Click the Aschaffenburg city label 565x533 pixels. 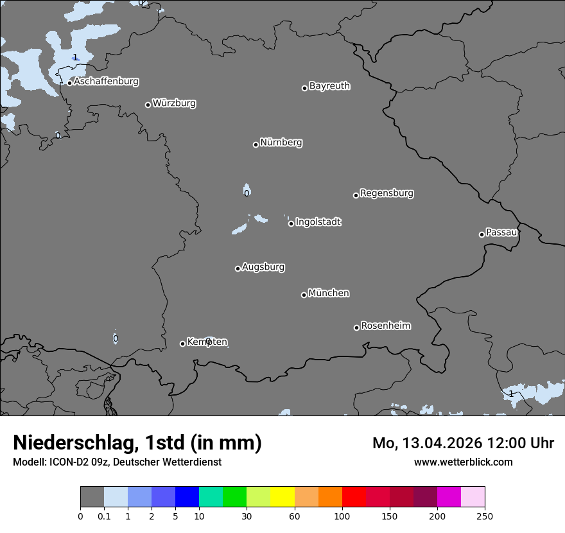[x=106, y=82]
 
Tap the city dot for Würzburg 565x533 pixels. [x=148, y=105]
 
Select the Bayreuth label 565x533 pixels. [x=329, y=85]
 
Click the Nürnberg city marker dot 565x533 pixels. [x=256, y=144]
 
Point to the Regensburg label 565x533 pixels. [x=387, y=193]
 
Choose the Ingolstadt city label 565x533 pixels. [x=318, y=222]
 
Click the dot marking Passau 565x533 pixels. [x=482, y=234]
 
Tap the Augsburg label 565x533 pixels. [x=263, y=266]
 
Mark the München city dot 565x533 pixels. [x=304, y=295]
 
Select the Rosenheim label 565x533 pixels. [x=385, y=326]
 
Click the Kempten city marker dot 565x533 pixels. [x=182, y=344]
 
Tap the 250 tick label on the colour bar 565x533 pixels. [x=485, y=516]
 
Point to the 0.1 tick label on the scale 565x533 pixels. [x=104, y=516]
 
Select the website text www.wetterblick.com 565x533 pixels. [x=463, y=462]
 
